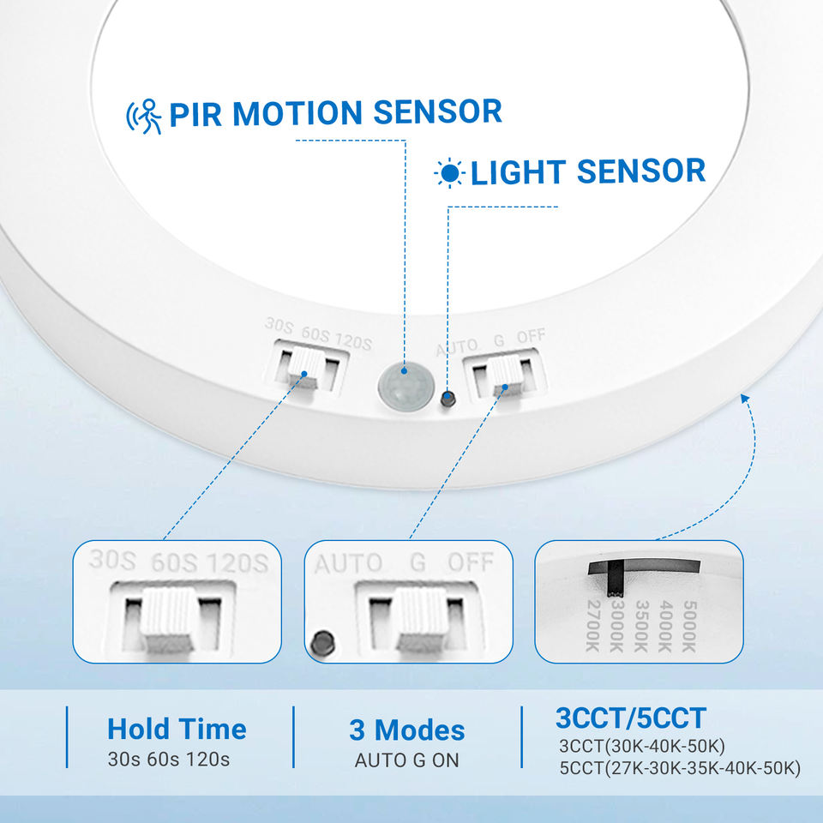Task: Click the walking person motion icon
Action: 144,116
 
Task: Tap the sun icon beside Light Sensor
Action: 449,172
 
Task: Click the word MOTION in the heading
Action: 297,113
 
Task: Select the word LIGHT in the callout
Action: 518,172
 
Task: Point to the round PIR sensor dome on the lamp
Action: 405,385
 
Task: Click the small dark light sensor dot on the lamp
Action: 448,399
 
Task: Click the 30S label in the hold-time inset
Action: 112,560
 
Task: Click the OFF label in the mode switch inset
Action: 471,562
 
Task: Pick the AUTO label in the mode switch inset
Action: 349,564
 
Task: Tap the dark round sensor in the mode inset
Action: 322,642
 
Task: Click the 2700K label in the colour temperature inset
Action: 592,626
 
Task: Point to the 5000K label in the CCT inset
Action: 689,627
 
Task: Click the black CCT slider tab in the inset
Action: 616,579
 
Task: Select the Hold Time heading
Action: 177,729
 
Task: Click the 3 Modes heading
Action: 407,730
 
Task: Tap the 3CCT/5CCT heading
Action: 631,718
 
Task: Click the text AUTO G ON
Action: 407,760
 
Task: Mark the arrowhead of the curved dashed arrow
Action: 744,399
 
